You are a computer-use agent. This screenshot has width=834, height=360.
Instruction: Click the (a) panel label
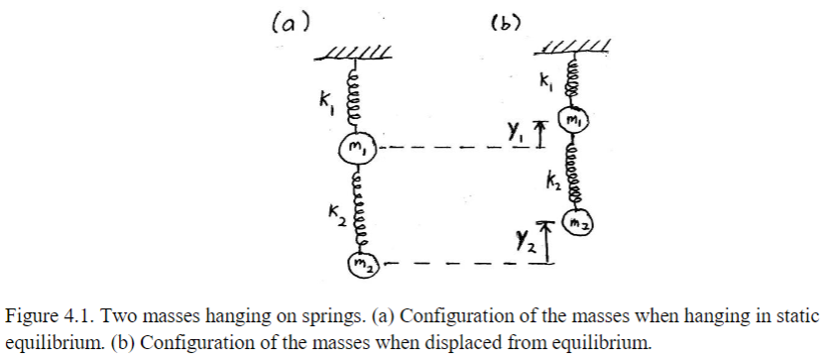pyautogui.click(x=289, y=21)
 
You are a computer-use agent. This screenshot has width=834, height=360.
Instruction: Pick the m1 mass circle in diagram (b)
pyautogui.click(x=571, y=120)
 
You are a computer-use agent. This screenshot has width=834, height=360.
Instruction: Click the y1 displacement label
pyautogui.click(x=514, y=131)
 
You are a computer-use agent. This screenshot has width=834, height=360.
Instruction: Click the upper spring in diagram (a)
pyautogui.click(x=354, y=97)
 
